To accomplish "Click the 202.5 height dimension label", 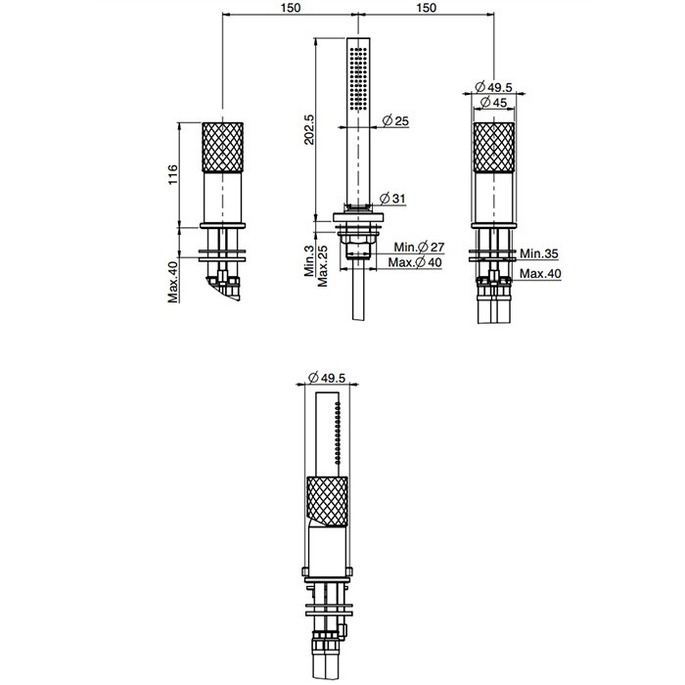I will point(309,128).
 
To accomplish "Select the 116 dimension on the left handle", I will point(173,175).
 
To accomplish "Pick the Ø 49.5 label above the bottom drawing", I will point(320,377).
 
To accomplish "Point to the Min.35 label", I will point(538,253).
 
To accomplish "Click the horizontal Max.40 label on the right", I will point(540,273).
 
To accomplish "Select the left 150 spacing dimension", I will point(290,8).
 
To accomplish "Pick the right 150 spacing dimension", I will point(426,8).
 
